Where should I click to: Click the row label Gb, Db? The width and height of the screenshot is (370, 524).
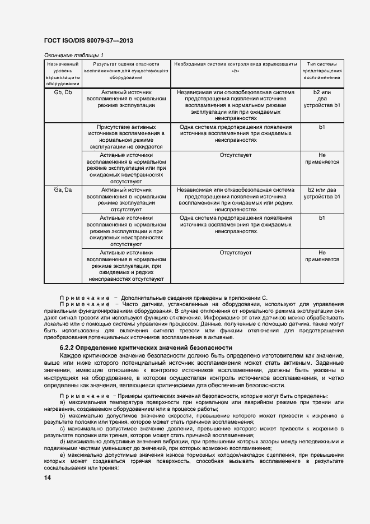click(x=63, y=92)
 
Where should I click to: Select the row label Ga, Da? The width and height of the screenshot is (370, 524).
click(x=63, y=190)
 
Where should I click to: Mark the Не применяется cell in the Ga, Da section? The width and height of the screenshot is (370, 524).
click(x=322, y=256)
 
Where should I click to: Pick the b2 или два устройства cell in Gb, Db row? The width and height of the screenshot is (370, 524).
click(x=322, y=99)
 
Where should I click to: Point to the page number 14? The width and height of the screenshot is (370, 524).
click(x=48, y=477)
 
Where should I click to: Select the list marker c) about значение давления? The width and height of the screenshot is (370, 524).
click(x=62, y=428)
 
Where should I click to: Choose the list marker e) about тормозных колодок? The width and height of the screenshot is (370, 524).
click(x=62, y=455)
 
